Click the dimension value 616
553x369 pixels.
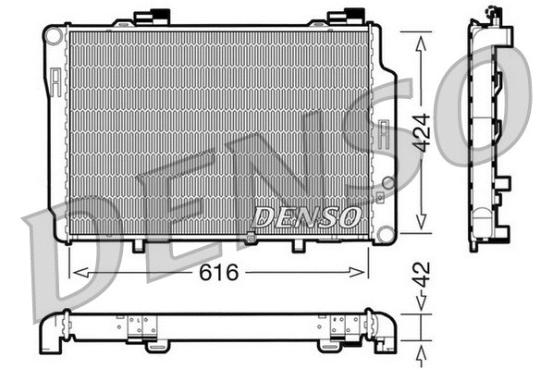[219, 273]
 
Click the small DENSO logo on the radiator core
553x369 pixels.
[306, 217]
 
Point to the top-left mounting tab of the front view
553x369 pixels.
[153, 17]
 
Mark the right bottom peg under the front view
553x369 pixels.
[298, 246]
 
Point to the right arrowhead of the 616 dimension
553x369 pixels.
[363, 272]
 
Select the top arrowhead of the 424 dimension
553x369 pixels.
[422, 39]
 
